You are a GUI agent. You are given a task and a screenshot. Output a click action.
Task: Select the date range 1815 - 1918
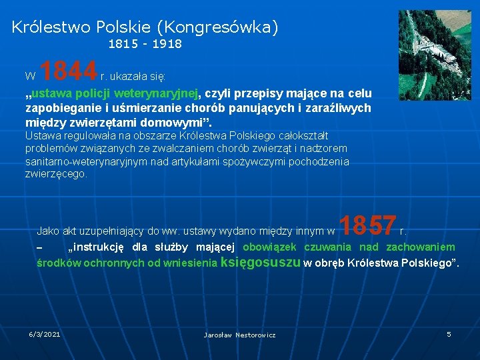pyautogui.click(x=145, y=44)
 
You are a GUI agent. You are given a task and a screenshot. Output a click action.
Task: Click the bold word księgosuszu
pyautogui.click(x=260, y=262)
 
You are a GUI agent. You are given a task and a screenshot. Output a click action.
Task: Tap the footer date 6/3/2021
pyautogui.click(x=44, y=333)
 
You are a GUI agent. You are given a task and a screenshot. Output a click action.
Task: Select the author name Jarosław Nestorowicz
pyautogui.click(x=239, y=335)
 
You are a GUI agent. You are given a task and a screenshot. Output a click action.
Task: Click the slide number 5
pyautogui.click(x=449, y=333)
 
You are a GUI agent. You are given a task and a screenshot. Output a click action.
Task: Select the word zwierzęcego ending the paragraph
pyautogui.click(x=55, y=174)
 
